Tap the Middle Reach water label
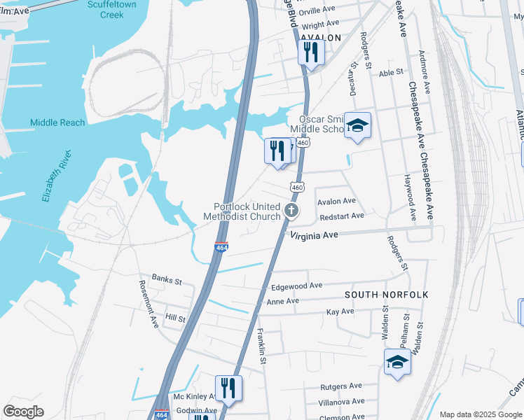tap(57, 122)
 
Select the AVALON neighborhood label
tap(320, 38)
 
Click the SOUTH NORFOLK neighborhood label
tap(386, 295)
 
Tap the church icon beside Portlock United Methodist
tap(291, 211)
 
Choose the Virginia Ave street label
tap(315, 236)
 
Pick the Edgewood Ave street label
tap(296, 286)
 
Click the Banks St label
tap(167, 281)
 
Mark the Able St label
tap(391, 71)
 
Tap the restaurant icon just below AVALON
tap(310, 52)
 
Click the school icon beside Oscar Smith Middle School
tap(358, 125)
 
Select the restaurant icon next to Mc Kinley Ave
tap(228, 388)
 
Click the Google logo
tap(24, 412)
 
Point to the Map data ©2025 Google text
tap(480, 414)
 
